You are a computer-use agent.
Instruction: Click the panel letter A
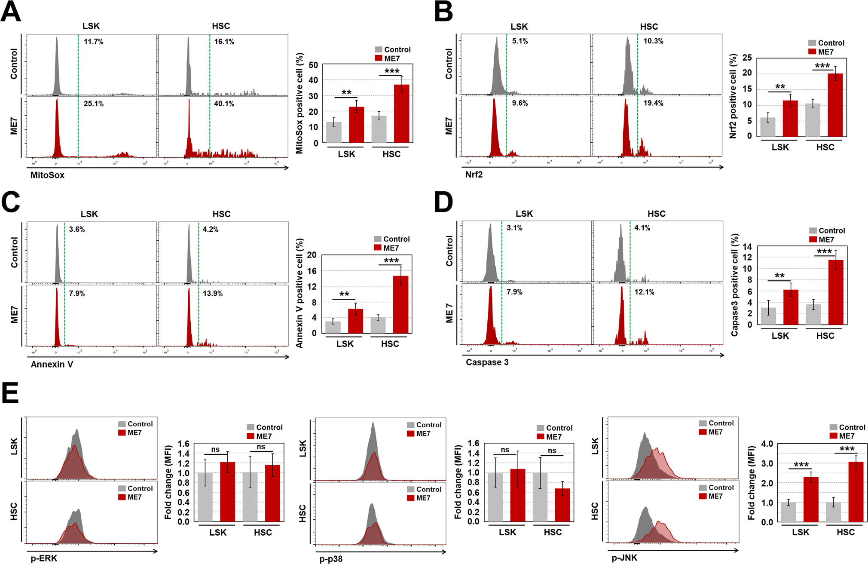(11, 12)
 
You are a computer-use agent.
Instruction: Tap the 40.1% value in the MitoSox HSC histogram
(224, 104)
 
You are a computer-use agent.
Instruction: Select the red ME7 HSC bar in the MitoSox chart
(401, 114)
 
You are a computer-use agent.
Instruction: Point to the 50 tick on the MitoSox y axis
(313, 65)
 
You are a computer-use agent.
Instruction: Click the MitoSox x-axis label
(47, 175)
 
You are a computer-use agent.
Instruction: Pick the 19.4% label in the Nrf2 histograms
(653, 103)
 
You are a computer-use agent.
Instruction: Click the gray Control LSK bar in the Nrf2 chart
(768, 127)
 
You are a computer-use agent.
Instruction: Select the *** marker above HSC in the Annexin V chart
(391, 261)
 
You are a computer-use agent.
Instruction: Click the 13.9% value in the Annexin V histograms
(213, 294)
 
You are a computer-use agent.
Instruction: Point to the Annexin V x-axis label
(52, 365)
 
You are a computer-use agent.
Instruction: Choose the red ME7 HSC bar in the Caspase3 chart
(836, 292)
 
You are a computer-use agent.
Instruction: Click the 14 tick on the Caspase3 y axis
(747, 247)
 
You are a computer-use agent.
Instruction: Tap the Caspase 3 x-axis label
(487, 362)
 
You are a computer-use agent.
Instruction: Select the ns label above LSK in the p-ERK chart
(215, 450)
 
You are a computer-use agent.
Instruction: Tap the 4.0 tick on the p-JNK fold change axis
(767, 444)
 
